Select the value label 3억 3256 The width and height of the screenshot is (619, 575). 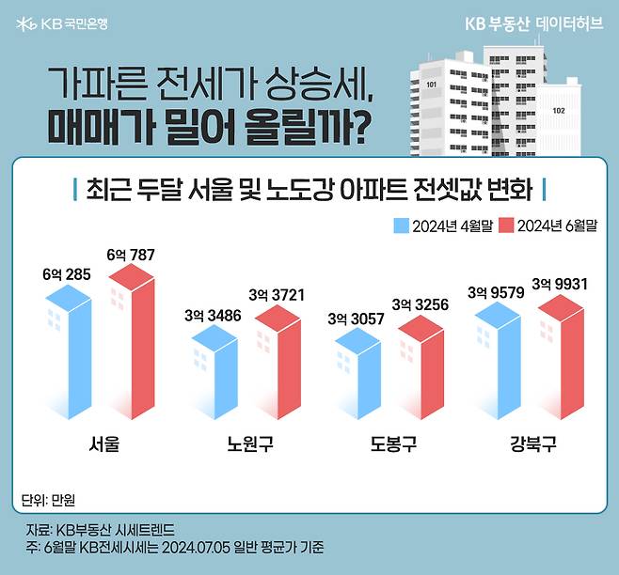coord(420,304)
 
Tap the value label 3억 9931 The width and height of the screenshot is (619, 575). coord(563,283)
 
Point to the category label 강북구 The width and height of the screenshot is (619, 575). coord(533,443)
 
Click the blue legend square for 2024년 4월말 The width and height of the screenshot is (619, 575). coord(400,225)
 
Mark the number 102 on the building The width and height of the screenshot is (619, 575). coord(559,110)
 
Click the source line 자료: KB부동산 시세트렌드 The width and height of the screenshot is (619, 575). coord(101,530)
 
